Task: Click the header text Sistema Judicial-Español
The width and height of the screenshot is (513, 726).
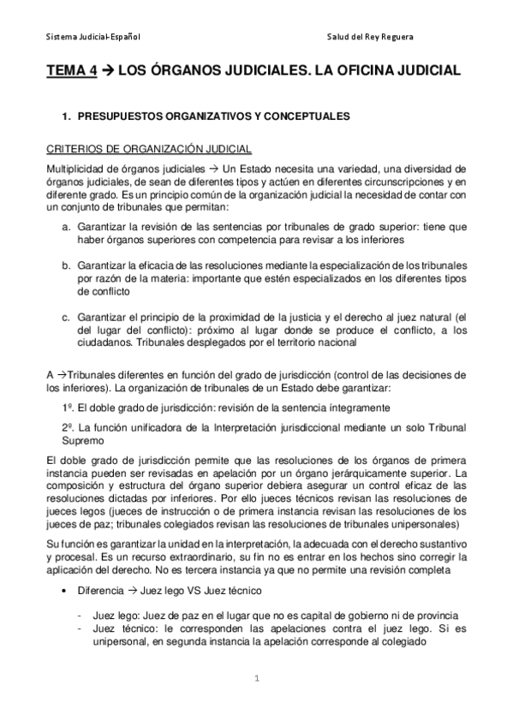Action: tap(93, 38)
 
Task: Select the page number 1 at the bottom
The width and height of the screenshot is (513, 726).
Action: tap(256, 679)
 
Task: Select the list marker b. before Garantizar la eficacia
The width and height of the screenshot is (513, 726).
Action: tap(65, 266)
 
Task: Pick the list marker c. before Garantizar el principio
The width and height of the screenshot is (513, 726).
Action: tap(65, 316)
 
